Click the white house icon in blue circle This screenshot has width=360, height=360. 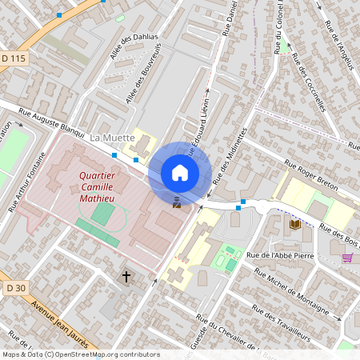click(x=180, y=173)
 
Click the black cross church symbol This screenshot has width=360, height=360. click(x=126, y=278)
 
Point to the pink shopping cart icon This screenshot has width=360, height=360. click(x=347, y=257)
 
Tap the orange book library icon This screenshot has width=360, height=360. click(x=294, y=226)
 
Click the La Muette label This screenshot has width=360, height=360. click(x=112, y=138)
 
